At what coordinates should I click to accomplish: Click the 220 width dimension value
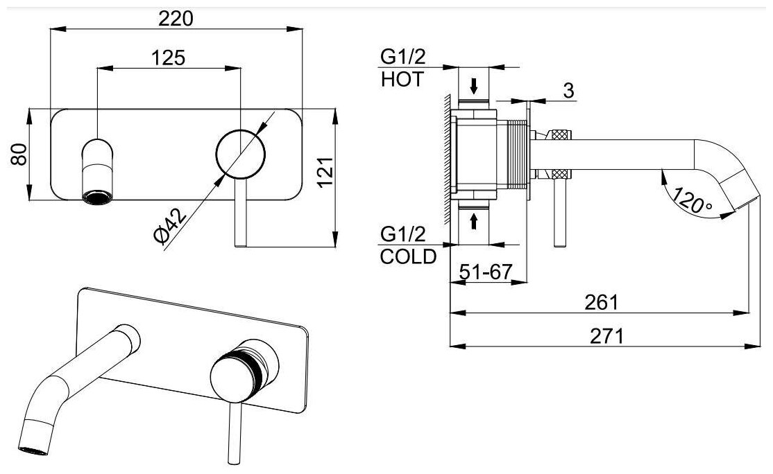[x=176, y=19]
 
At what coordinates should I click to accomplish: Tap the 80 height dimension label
[x=19, y=153]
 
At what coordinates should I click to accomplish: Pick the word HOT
[x=402, y=80]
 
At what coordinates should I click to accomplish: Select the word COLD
[x=409, y=256]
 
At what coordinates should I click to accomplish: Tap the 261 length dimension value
[x=602, y=303]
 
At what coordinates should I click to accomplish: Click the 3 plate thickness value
[x=568, y=91]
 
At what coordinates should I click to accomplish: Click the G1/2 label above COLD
[x=402, y=234]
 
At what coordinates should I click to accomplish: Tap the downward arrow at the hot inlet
[x=474, y=86]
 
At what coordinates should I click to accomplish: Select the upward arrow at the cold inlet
[x=474, y=221]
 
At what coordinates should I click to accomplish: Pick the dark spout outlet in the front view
[x=96, y=198]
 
